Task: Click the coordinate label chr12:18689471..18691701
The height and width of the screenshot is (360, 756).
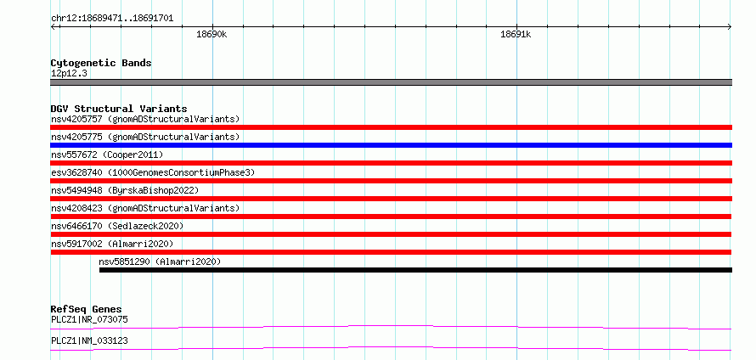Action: (x=112, y=19)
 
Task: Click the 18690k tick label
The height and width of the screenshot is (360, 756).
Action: (x=212, y=34)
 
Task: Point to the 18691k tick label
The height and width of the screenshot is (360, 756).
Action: (x=516, y=34)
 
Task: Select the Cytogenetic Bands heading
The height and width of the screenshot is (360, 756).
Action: (x=101, y=63)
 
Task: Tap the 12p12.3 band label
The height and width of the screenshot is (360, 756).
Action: (x=69, y=74)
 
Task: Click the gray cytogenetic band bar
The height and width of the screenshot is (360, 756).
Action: (x=391, y=82)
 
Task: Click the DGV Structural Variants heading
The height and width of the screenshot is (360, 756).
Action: (x=119, y=109)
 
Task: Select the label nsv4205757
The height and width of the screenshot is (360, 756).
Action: (x=76, y=119)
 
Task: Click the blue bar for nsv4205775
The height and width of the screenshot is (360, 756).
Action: (x=391, y=145)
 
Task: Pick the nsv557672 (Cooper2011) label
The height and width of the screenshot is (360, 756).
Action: (x=107, y=155)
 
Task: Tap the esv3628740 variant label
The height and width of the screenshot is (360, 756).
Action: (x=76, y=172)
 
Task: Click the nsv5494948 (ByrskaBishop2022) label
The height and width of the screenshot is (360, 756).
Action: (x=125, y=190)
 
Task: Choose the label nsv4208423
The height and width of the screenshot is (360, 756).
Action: (x=76, y=208)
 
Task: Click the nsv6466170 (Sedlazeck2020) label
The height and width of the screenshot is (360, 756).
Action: (x=117, y=226)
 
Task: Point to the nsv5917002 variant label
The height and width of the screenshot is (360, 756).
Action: (x=76, y=244)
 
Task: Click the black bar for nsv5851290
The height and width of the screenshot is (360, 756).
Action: (x=415, y=270)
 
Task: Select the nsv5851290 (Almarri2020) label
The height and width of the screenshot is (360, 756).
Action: (x=160, y=262)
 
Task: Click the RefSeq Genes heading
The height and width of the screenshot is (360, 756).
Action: (x=87, y=309)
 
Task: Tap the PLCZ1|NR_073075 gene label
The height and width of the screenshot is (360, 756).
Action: (x=90, y=319)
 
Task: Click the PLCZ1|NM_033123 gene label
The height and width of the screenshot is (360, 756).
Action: (x=90, y=341)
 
